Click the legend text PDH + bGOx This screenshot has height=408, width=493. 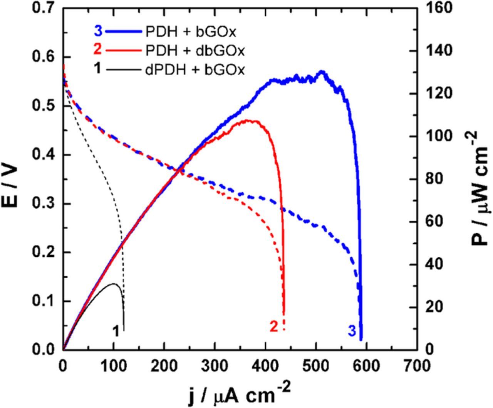tap(191, 32)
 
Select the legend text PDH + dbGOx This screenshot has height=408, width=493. tap(195, 51)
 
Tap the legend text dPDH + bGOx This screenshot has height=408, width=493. tap(195, 70)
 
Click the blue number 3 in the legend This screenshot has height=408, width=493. tap(98, 31)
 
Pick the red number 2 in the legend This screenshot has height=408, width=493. tap(98, 50)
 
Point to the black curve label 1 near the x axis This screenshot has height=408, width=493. tap(115, 331)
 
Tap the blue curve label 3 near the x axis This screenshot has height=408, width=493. tap(352, 331)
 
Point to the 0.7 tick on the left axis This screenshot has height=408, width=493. tap(44, 8)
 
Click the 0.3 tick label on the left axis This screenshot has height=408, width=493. tap(44, 204)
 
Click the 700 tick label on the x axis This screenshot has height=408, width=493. tap(417, 365)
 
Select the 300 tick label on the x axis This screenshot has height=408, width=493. tap(215, 365)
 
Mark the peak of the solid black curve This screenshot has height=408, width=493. tap(114, 284)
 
